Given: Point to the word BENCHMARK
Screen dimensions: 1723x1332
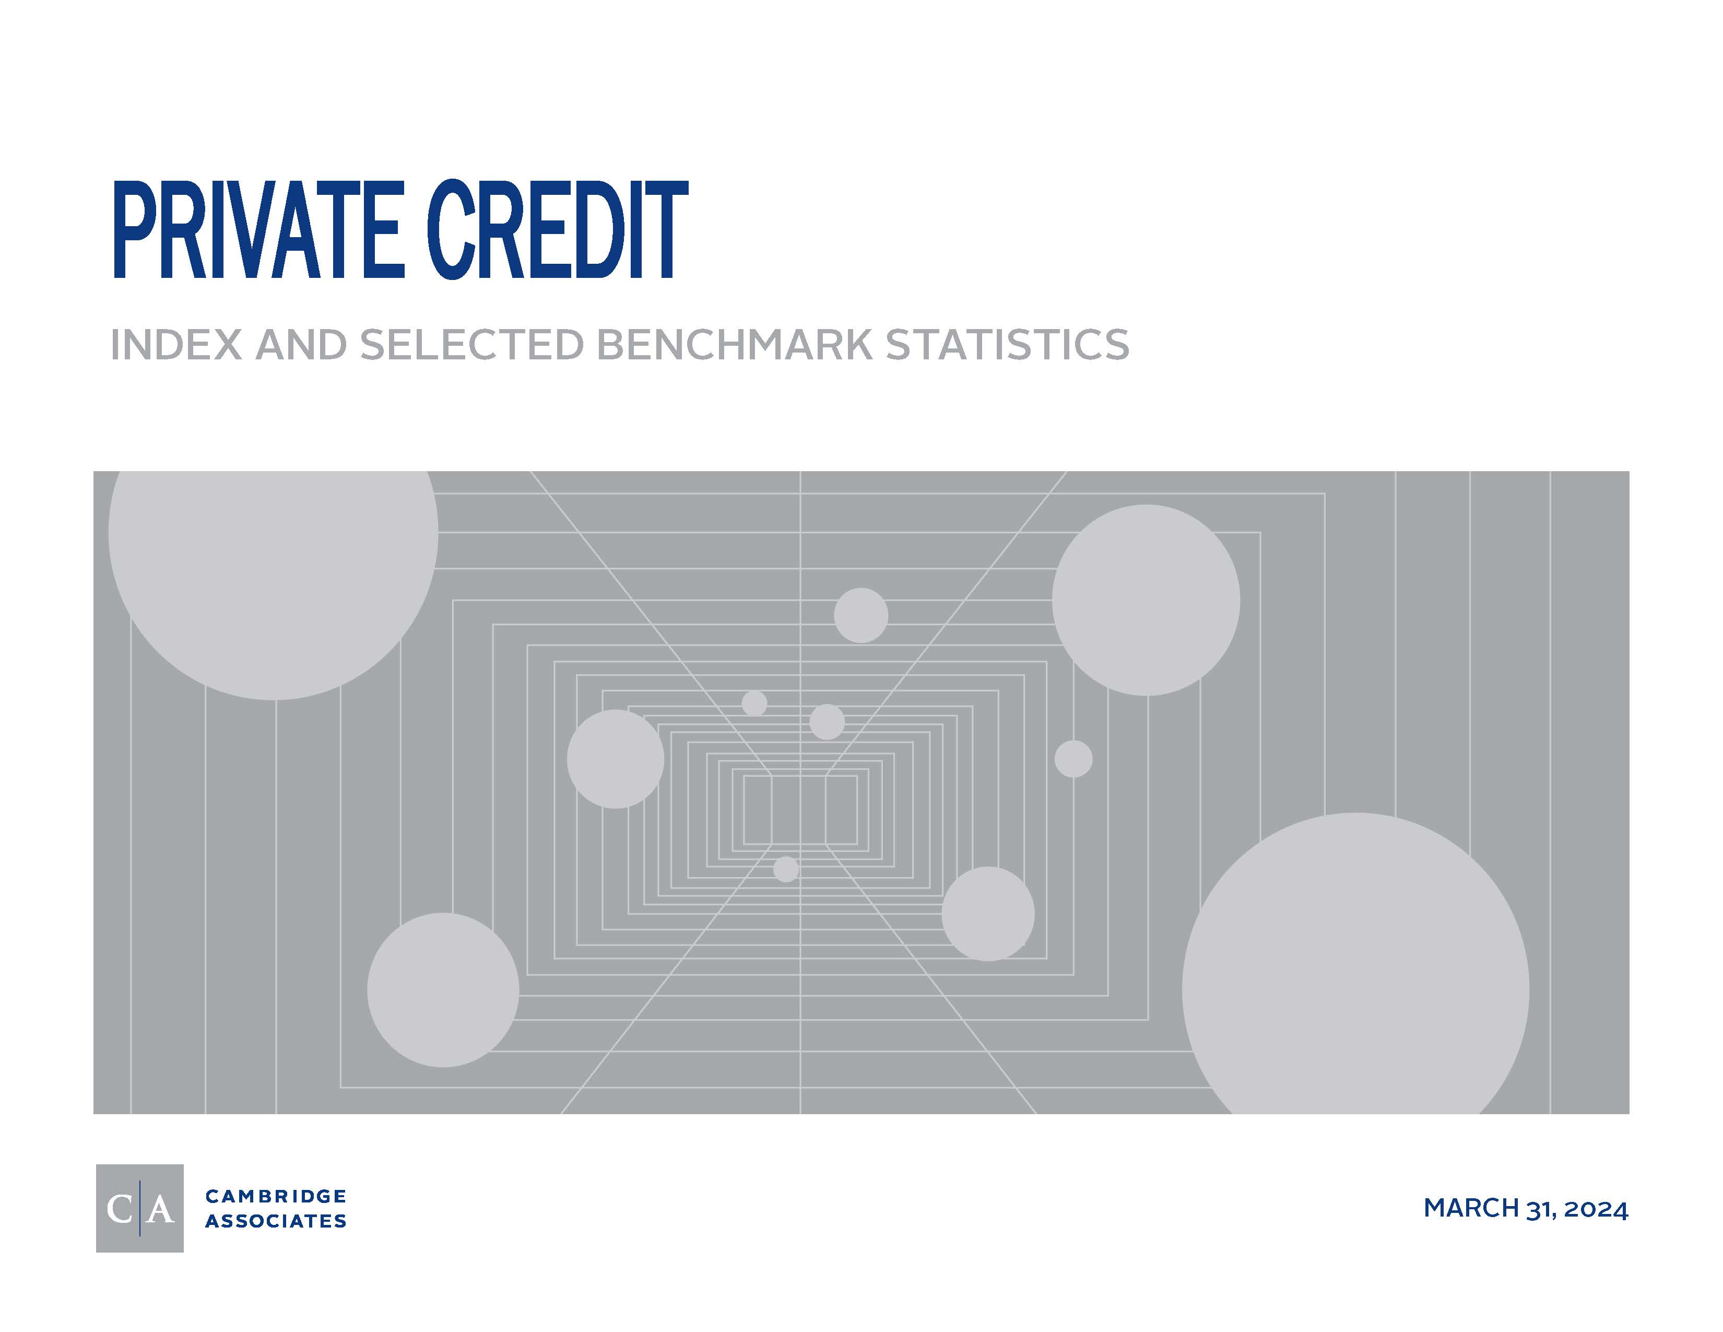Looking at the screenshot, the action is click(735, 345).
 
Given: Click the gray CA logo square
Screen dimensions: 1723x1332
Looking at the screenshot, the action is click(139, 1208).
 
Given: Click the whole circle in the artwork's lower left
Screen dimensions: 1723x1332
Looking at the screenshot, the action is click(443, 990).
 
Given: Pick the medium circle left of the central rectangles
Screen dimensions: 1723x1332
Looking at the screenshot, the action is click(616, 759).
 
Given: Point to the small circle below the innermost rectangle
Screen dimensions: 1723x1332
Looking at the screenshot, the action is click(786, 870).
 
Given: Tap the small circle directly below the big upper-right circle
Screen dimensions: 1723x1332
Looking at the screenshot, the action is click(1073, 759).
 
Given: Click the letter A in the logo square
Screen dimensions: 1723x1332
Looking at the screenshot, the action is click(160, 1209).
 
